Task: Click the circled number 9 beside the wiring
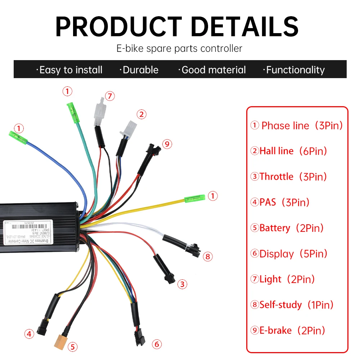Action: pyautogui.click(x=167, y=144)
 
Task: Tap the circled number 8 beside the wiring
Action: pyautogui.click(x=207, y=257)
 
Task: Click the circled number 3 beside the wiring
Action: pyautogui.click(x=183, y=284)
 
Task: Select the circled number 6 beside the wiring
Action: pyautogui.click(x=157, y=344)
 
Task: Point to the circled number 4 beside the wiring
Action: pyautogui.click(x=30, y=334)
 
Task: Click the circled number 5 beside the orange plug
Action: pyautogui.click(x=73, y=347)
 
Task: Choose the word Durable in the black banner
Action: pyautogui.click(x=140, y=70)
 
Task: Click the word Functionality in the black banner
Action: pyautogui.click(x=295, y=70)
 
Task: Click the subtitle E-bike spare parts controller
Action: pyautogui.click(x=179, y=48)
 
